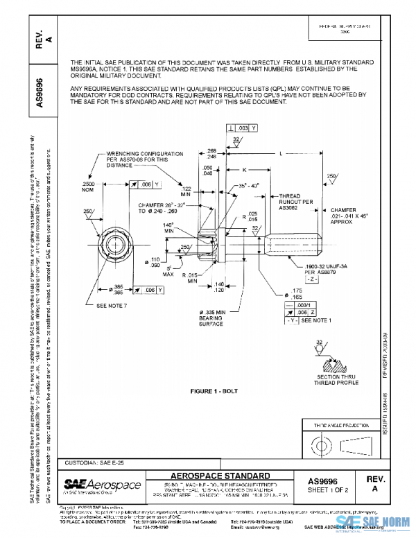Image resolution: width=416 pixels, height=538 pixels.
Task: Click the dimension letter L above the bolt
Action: pyautogui.click(x=281, y=154)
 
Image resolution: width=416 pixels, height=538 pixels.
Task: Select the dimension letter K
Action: pyautogui.click(x=244, y=169)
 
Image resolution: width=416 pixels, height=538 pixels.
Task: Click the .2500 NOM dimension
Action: pyautogui.click(x=92, y=186)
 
